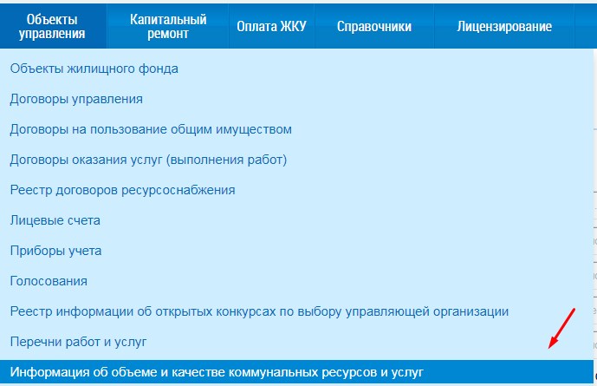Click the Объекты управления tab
click(52, 26)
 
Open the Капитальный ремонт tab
click(168, 26)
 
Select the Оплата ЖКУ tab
click(271, 26)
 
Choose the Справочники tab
click(374, 26)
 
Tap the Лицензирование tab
click(504, 26)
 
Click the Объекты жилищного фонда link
click(94, 69)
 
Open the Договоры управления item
click(76, 99)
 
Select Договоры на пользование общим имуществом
click(151, 129)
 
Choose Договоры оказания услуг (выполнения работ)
click(148, 160)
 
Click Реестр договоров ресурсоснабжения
click(122, 190)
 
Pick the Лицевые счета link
click(55, 220)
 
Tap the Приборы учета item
click(56, 251)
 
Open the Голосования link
click(49, 281)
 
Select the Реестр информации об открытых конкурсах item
click(259, 311)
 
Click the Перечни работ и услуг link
click(79, 342)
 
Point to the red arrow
click(561, 329)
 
